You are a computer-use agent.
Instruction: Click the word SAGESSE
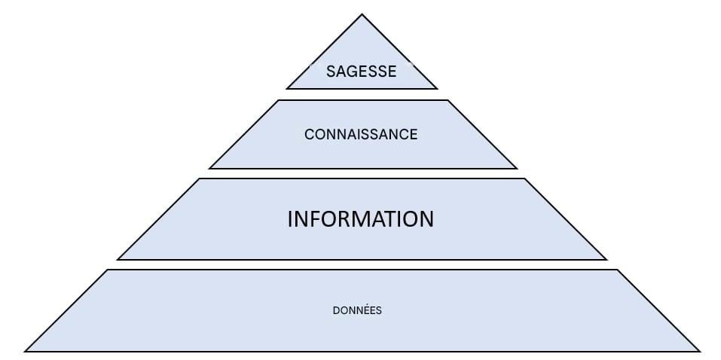click(361, 72)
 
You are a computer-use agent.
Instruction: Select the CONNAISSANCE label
click(361, 135)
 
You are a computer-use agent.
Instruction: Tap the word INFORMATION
click(361, 219)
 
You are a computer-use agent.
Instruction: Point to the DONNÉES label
click(357, 310)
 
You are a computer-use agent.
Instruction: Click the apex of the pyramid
click(362, 15)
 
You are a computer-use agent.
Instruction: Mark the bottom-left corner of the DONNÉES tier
click(26, 350)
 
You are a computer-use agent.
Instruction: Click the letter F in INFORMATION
click(311, 219)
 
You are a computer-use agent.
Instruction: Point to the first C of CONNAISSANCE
click(309, 135)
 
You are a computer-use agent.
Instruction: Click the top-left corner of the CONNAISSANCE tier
click(278, 100)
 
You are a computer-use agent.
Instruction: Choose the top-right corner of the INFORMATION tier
click(524, 179)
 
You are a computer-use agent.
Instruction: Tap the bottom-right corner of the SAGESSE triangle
click(436, 88)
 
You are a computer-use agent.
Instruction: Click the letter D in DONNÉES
click(335, 310)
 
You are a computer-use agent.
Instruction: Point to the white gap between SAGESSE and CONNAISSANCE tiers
click(362, 94)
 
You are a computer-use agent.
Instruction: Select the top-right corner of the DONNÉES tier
click(617, 270)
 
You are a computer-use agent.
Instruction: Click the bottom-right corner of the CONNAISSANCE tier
click(517, 168)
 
